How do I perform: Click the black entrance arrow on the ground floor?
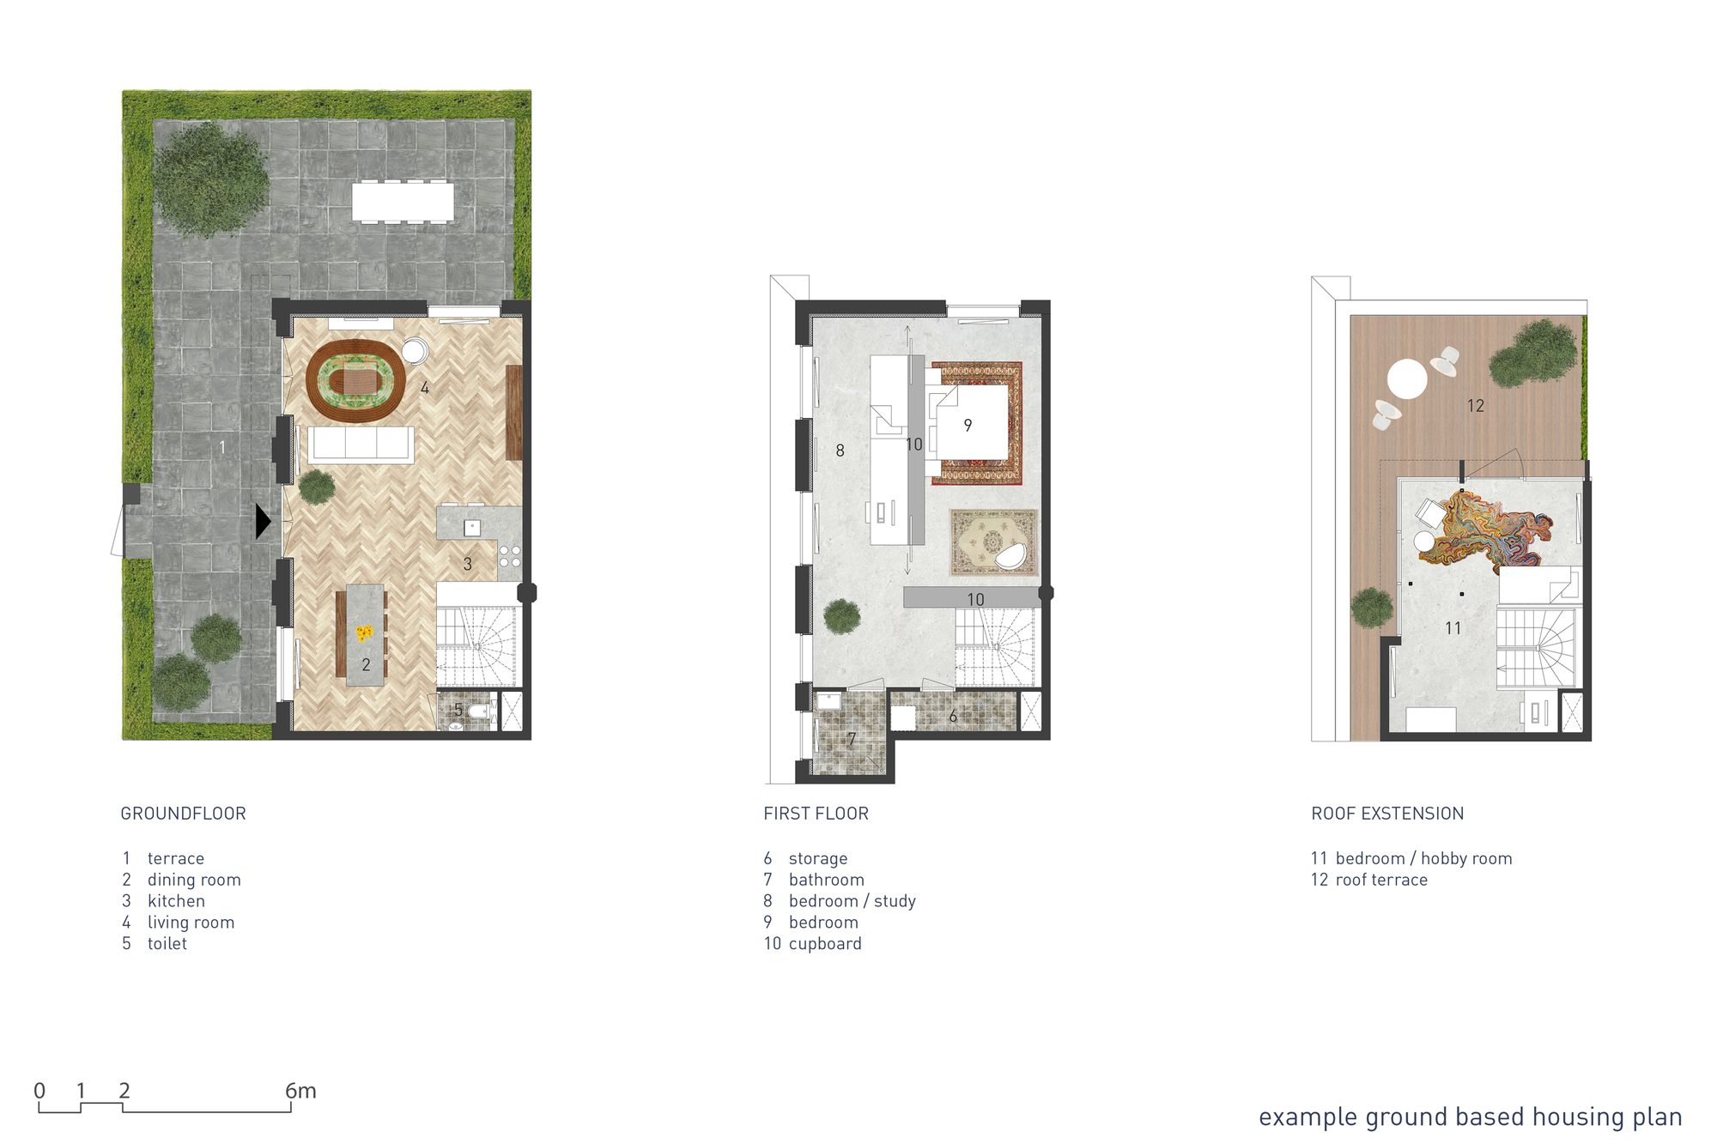coord(263,521)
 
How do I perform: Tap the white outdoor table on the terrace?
coord(403,202)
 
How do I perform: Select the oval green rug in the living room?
coord(355,380)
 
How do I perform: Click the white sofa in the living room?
coord(361,444)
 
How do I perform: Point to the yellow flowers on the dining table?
coord(365,633)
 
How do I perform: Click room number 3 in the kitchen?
coord(467,564)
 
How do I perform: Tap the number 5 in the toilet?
coord(458,710)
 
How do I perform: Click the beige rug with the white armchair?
coord(993,542)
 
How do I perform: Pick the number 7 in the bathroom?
coord(852,739)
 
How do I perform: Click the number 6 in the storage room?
coord(953,717)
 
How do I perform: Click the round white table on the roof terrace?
coord(1407,378)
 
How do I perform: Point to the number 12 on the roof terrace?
coord(1475,406)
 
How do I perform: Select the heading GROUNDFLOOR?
coord(183,814)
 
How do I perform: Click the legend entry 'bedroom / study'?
coord(852,901)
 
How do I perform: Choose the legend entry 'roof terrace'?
coord(1381,880)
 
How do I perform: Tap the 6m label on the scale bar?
coord(300,1091)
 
